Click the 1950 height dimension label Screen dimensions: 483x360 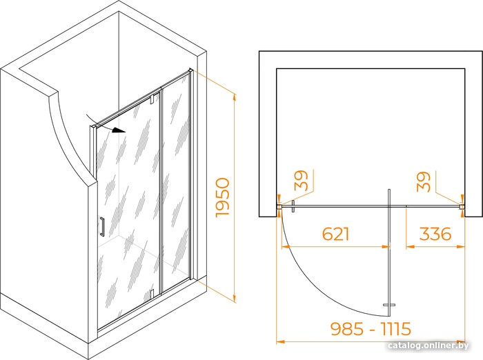223,197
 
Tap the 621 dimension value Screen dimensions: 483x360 336,234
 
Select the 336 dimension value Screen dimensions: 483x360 435,234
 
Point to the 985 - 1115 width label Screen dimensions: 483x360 371,328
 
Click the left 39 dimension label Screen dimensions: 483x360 301,181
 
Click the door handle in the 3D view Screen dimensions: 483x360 102,227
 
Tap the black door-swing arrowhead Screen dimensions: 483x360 119,130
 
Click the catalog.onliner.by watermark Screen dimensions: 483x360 428,346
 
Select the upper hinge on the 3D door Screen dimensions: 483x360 152,99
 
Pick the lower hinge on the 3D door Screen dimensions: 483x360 152,294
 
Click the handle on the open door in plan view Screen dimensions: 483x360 389,305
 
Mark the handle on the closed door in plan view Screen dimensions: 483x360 293,206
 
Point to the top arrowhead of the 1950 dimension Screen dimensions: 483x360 235,97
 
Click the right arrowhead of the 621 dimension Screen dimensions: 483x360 385,246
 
